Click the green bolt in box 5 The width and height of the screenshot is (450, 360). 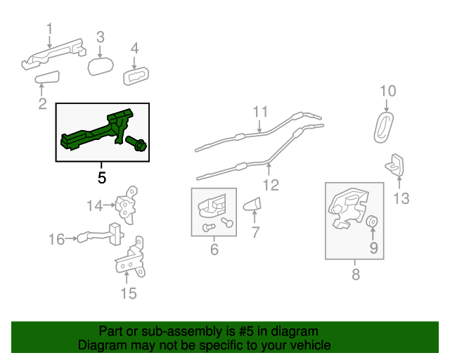point(136,143)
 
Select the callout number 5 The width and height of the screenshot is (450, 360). point(102,178)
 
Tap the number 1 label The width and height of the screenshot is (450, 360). point(50,29)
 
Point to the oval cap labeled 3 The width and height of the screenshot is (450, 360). point(101,66)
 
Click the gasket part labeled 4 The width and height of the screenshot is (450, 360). point(136,76)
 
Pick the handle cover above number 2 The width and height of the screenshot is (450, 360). point(47,77)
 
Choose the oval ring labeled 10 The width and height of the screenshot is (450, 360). point(384,127)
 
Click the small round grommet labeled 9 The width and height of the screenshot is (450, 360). point(372,221)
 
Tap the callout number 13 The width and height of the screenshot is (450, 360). point(401,198)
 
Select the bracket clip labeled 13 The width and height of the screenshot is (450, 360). point(395,165)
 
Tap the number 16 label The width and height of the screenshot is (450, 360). point(56,239)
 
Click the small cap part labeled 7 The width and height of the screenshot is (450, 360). point(252,204)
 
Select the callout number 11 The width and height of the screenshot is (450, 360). point(260,112)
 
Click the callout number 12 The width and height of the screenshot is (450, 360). point(271,185)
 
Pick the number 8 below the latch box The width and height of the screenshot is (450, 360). point(356,274)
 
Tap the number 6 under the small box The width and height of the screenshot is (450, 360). point(214,249)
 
